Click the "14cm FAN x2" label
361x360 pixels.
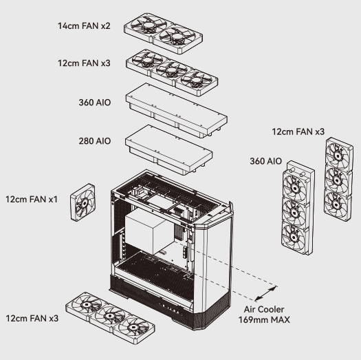coord(84,26)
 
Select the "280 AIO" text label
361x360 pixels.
coord(95,141)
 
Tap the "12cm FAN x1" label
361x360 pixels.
coord(32,200)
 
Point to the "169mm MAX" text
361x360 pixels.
coord(264,319)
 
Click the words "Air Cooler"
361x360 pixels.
coord(264,309)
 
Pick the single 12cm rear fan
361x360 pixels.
coord(83,202)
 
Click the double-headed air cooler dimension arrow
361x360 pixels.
coord(266,293)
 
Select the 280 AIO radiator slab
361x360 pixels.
coord(168,150)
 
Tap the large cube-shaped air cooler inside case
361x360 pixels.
coord(149,231)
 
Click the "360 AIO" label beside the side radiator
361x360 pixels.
coord(265,161)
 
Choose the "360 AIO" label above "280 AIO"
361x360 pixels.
coord(95,103)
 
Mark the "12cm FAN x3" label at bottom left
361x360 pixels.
coord(32,318)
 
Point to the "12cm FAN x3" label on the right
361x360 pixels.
coord(298,131)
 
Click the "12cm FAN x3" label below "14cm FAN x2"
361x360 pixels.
coord(84,63)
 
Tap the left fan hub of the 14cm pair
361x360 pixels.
coord(149,25)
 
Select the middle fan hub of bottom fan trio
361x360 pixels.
coord(110,316)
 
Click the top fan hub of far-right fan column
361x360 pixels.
coord(338,156)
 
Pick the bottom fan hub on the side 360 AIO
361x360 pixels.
coord(293,237)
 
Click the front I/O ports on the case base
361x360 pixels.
coord(169,308)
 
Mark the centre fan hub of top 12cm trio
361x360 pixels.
coord(171,70)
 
